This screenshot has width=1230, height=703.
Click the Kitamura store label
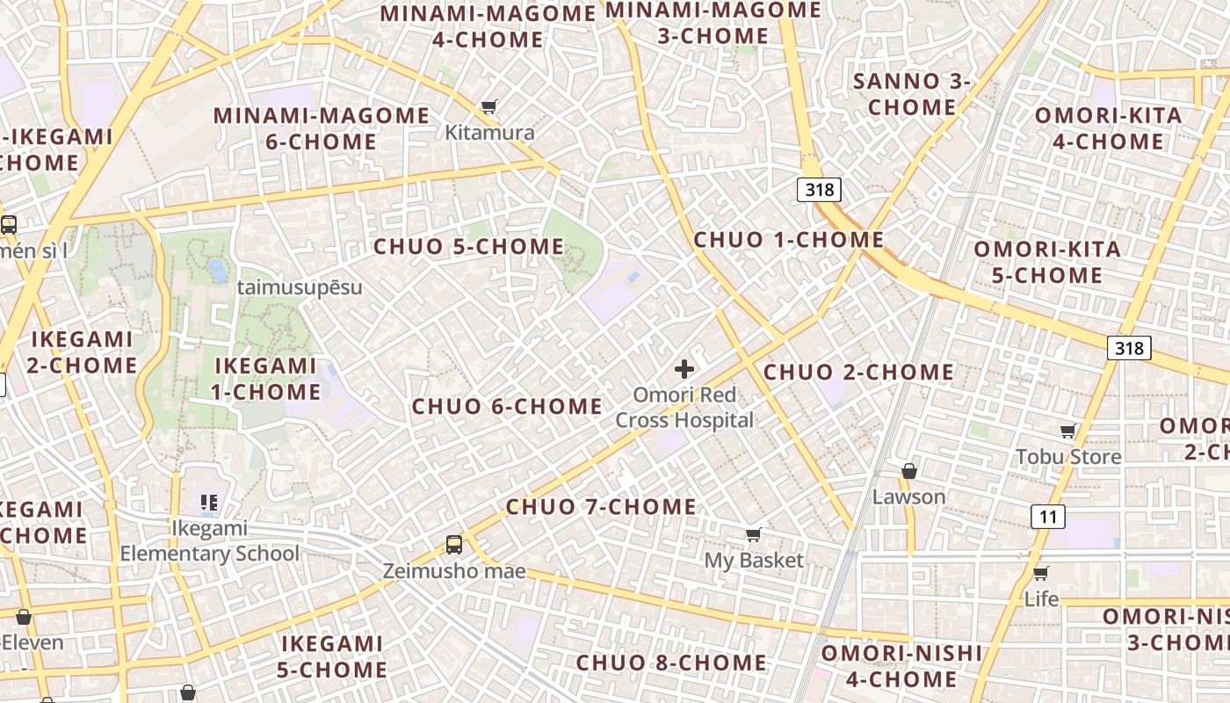pyautogui.click(x=489, y=133)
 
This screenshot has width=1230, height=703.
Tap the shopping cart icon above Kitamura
pyautogui.click(x=488, y=107)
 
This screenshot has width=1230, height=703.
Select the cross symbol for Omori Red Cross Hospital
pyautogui.click(x=684, y=369)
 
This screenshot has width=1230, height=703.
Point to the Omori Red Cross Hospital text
pyautogui.click(x=684, y=408)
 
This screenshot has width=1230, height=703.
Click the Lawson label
pyautogui.click(x=908, y=496)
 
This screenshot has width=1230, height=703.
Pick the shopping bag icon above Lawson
pyautogui.click(x=909, y=471)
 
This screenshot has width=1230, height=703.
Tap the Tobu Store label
pyautogui.click(x=1068, y=456)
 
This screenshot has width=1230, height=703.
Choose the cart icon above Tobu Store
pyautogui.click(x=1067, y=431)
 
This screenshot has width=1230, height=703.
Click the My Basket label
pyautogui.click(x=754, y=560)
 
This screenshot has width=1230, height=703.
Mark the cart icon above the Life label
pyautogui.click(x=1041, y=573)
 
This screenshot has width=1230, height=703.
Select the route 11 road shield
pyautogui.click(x=1048, y=516)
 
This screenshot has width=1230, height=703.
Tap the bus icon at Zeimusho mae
pyautogui.click(x=453, y=545)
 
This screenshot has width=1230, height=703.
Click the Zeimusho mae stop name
pyautogui.click(x=453, y=571)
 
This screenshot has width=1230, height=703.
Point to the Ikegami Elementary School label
pyautogui.click(x=209, y=540)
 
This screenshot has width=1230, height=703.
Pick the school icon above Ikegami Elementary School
pyautogui.click(x=208, y=503)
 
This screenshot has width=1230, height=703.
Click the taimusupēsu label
pyautogui.click(x=300, y=287)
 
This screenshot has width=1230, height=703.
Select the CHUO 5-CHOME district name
pyautogui.click(x=468, y=247)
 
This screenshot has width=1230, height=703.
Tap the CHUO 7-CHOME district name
pyautogui.click(x=601, y=507)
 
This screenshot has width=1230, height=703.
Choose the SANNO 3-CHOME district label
pyautogui.click(x=911, y=95)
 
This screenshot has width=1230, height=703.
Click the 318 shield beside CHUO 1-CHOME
pyautogui.click(x=820, y=189)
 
